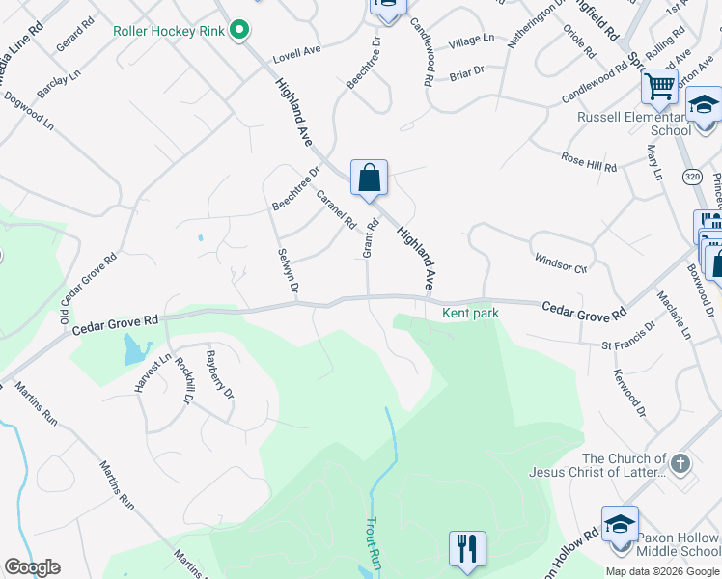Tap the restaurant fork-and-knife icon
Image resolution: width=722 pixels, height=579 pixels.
click(467, 548)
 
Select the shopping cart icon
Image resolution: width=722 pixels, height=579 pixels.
click(659, 86)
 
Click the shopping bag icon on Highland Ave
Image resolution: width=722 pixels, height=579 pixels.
click(369, 178)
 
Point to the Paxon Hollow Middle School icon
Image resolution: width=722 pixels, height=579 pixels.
click(619, 523)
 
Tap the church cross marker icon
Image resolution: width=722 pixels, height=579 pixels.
click(681, 464)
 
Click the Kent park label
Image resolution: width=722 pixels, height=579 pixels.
click(469, 313)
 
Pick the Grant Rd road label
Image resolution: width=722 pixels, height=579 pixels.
click(368, 237)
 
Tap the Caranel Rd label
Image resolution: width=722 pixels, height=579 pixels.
click(336, 208)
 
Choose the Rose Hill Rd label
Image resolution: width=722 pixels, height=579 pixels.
click(588, 161)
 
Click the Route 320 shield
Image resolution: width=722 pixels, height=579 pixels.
click(691, 177)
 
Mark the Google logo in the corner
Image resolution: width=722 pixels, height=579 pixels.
click(32, 567)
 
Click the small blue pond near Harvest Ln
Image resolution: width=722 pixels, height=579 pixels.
click(132, 353)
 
